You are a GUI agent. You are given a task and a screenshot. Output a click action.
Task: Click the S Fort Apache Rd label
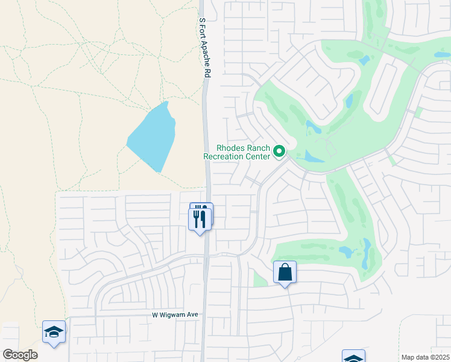[206, 46]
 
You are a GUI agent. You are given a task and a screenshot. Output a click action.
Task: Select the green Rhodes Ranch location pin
[279, 151]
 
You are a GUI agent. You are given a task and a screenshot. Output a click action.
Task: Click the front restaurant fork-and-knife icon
[200, 220]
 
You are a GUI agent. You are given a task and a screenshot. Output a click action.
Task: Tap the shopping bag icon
[285, 272]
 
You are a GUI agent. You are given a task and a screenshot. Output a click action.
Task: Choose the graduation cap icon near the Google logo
[54, 332]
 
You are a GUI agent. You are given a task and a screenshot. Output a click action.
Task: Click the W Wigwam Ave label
[174, 315]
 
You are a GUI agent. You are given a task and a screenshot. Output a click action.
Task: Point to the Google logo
[20, 355]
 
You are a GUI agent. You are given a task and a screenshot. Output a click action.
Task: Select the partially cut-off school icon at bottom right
[353, 357]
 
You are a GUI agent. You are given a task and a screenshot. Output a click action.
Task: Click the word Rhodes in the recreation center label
[230, 148]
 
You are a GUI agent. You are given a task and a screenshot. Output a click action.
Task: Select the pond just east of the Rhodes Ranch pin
[313, 157]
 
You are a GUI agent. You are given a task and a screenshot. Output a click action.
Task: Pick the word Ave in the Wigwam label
[192, 315]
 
